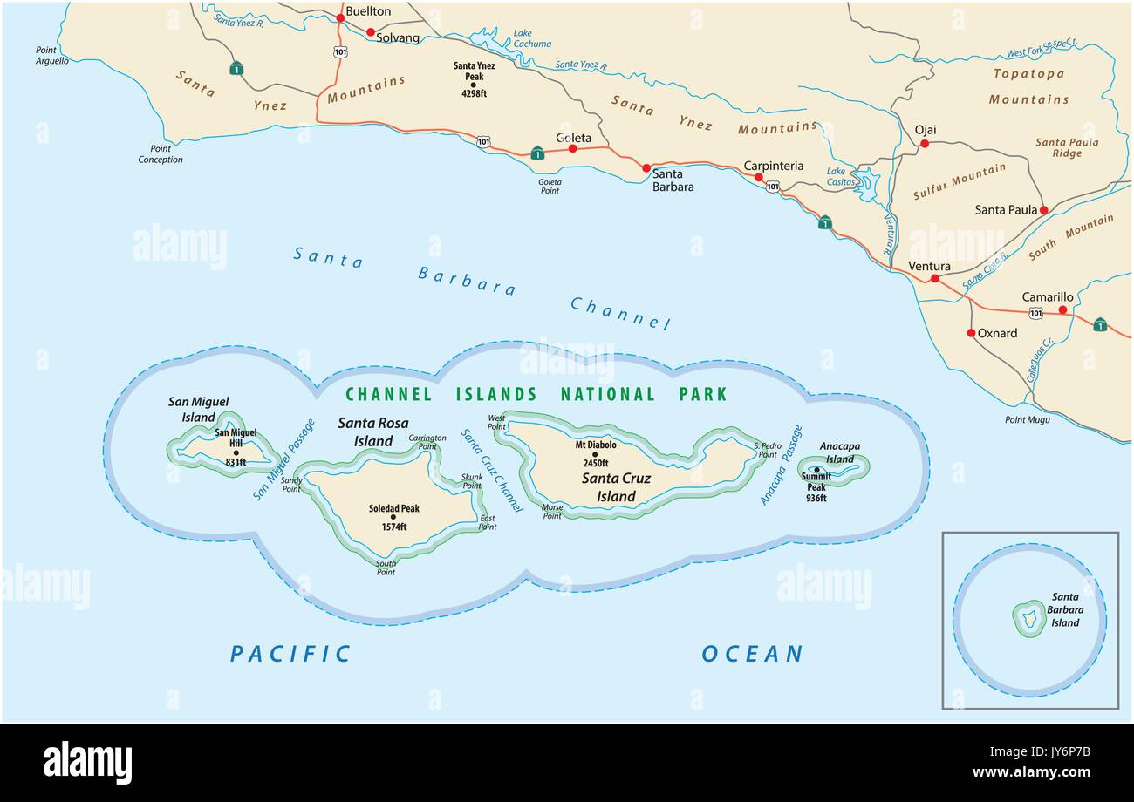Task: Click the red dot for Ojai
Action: click(925, 144)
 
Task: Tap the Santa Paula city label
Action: click(1006, 210)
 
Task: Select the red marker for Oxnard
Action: click(971, 333)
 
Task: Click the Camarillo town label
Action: click(1048, 297)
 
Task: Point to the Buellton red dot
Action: click(340, 17)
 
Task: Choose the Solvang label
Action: click(398, 37)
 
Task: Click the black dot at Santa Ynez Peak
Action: click(473, 85)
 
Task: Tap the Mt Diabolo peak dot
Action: click(595, 454)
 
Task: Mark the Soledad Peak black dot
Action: click(393, 517)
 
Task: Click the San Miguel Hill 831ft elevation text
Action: click(236, 462)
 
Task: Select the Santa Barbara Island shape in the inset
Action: click(1029, 619)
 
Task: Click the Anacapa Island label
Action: click(839, 452)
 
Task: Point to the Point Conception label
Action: click(161, 154)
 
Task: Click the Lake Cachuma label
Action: click(532, 38)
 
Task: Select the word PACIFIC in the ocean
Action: click(290, 654)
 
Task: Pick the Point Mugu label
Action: click(1027, 420)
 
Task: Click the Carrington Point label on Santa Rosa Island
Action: click(427, 442)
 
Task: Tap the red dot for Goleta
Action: click(572, 149)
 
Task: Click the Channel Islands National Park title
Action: click(536, 394)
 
